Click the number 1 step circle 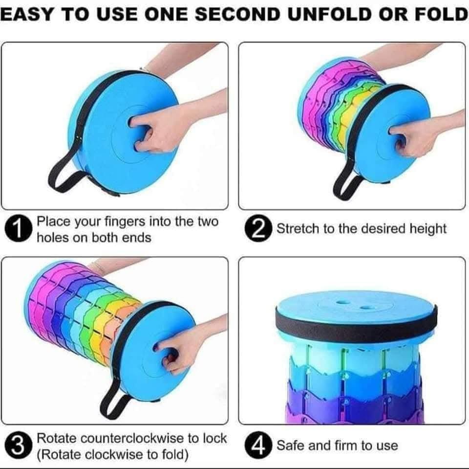[18, 230]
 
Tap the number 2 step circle [258, 228]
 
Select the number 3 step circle [18, 446]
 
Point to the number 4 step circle [258, 446]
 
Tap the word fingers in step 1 [125, 222]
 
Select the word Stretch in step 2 [298, 229]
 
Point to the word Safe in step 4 [290, 446]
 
